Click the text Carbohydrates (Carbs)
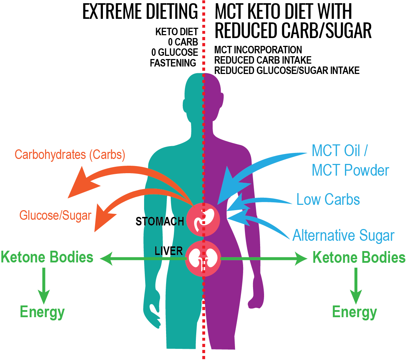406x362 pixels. coord(70,155)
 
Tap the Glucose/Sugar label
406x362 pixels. coord(55,215)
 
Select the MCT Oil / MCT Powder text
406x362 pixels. coord(350,160)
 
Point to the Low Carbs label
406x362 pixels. coord(328,199)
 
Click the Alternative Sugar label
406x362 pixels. coord(343,235)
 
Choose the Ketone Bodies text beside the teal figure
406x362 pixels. coord(47,257)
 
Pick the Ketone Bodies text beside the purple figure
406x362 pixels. coord(358,257)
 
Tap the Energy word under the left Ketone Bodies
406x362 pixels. coord(42,312)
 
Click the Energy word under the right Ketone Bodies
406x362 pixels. coord(354,312)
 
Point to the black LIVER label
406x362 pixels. coord(169,251)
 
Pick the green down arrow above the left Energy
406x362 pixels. coord(44,284)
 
